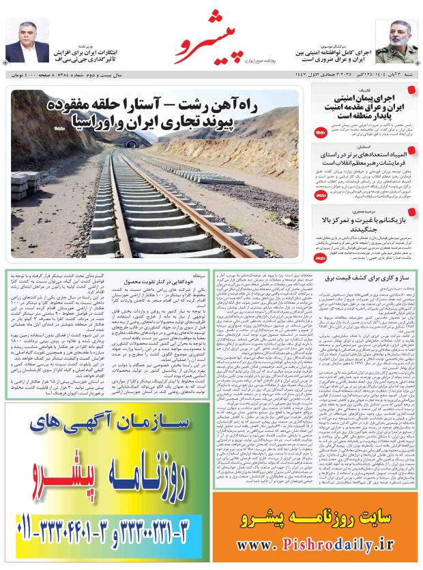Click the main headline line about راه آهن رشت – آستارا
[163, 105]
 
